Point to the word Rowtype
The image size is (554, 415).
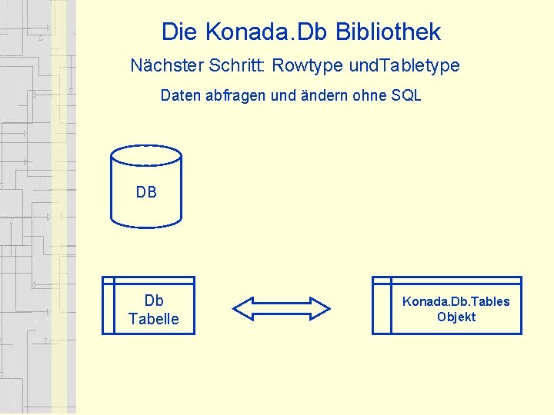click(307, 66)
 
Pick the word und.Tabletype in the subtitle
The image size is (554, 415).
click(404, 66)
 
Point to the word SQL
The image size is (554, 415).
click(405, 96)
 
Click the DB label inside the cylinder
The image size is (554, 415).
click(146, 192)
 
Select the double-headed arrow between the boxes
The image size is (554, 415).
click(281, 308)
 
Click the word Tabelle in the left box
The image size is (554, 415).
click(154, 319)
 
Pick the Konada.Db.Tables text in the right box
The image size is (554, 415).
click(456, 301)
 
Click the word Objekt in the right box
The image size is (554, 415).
click(456, 317)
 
